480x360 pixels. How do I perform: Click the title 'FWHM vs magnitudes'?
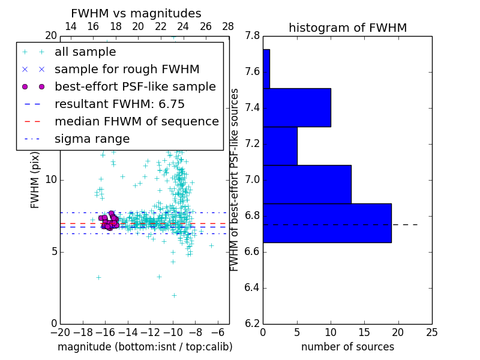point(136,13)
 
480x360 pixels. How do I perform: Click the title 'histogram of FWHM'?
point(347,28)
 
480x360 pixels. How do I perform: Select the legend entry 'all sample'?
point(85,52)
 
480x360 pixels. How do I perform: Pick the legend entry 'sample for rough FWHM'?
point(127,70)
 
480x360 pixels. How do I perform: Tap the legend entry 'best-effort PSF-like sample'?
point(135,87)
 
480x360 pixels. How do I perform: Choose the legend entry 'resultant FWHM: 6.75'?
point(119,104)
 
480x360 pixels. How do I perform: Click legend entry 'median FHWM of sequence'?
point(136,122)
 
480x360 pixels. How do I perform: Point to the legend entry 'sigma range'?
point(92,139)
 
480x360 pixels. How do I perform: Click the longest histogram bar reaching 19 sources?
point(327,223)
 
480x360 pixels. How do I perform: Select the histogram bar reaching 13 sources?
point(307,184)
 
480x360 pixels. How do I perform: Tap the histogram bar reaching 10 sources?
point(296,107)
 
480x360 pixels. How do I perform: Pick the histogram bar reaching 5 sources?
point(280,146)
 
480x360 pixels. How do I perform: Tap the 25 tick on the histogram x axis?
point(431,332)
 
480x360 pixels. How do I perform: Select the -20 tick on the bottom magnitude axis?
point(60,332)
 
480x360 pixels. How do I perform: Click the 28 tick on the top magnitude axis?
point(229,26)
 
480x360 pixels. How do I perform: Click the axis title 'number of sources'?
point(347,347)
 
